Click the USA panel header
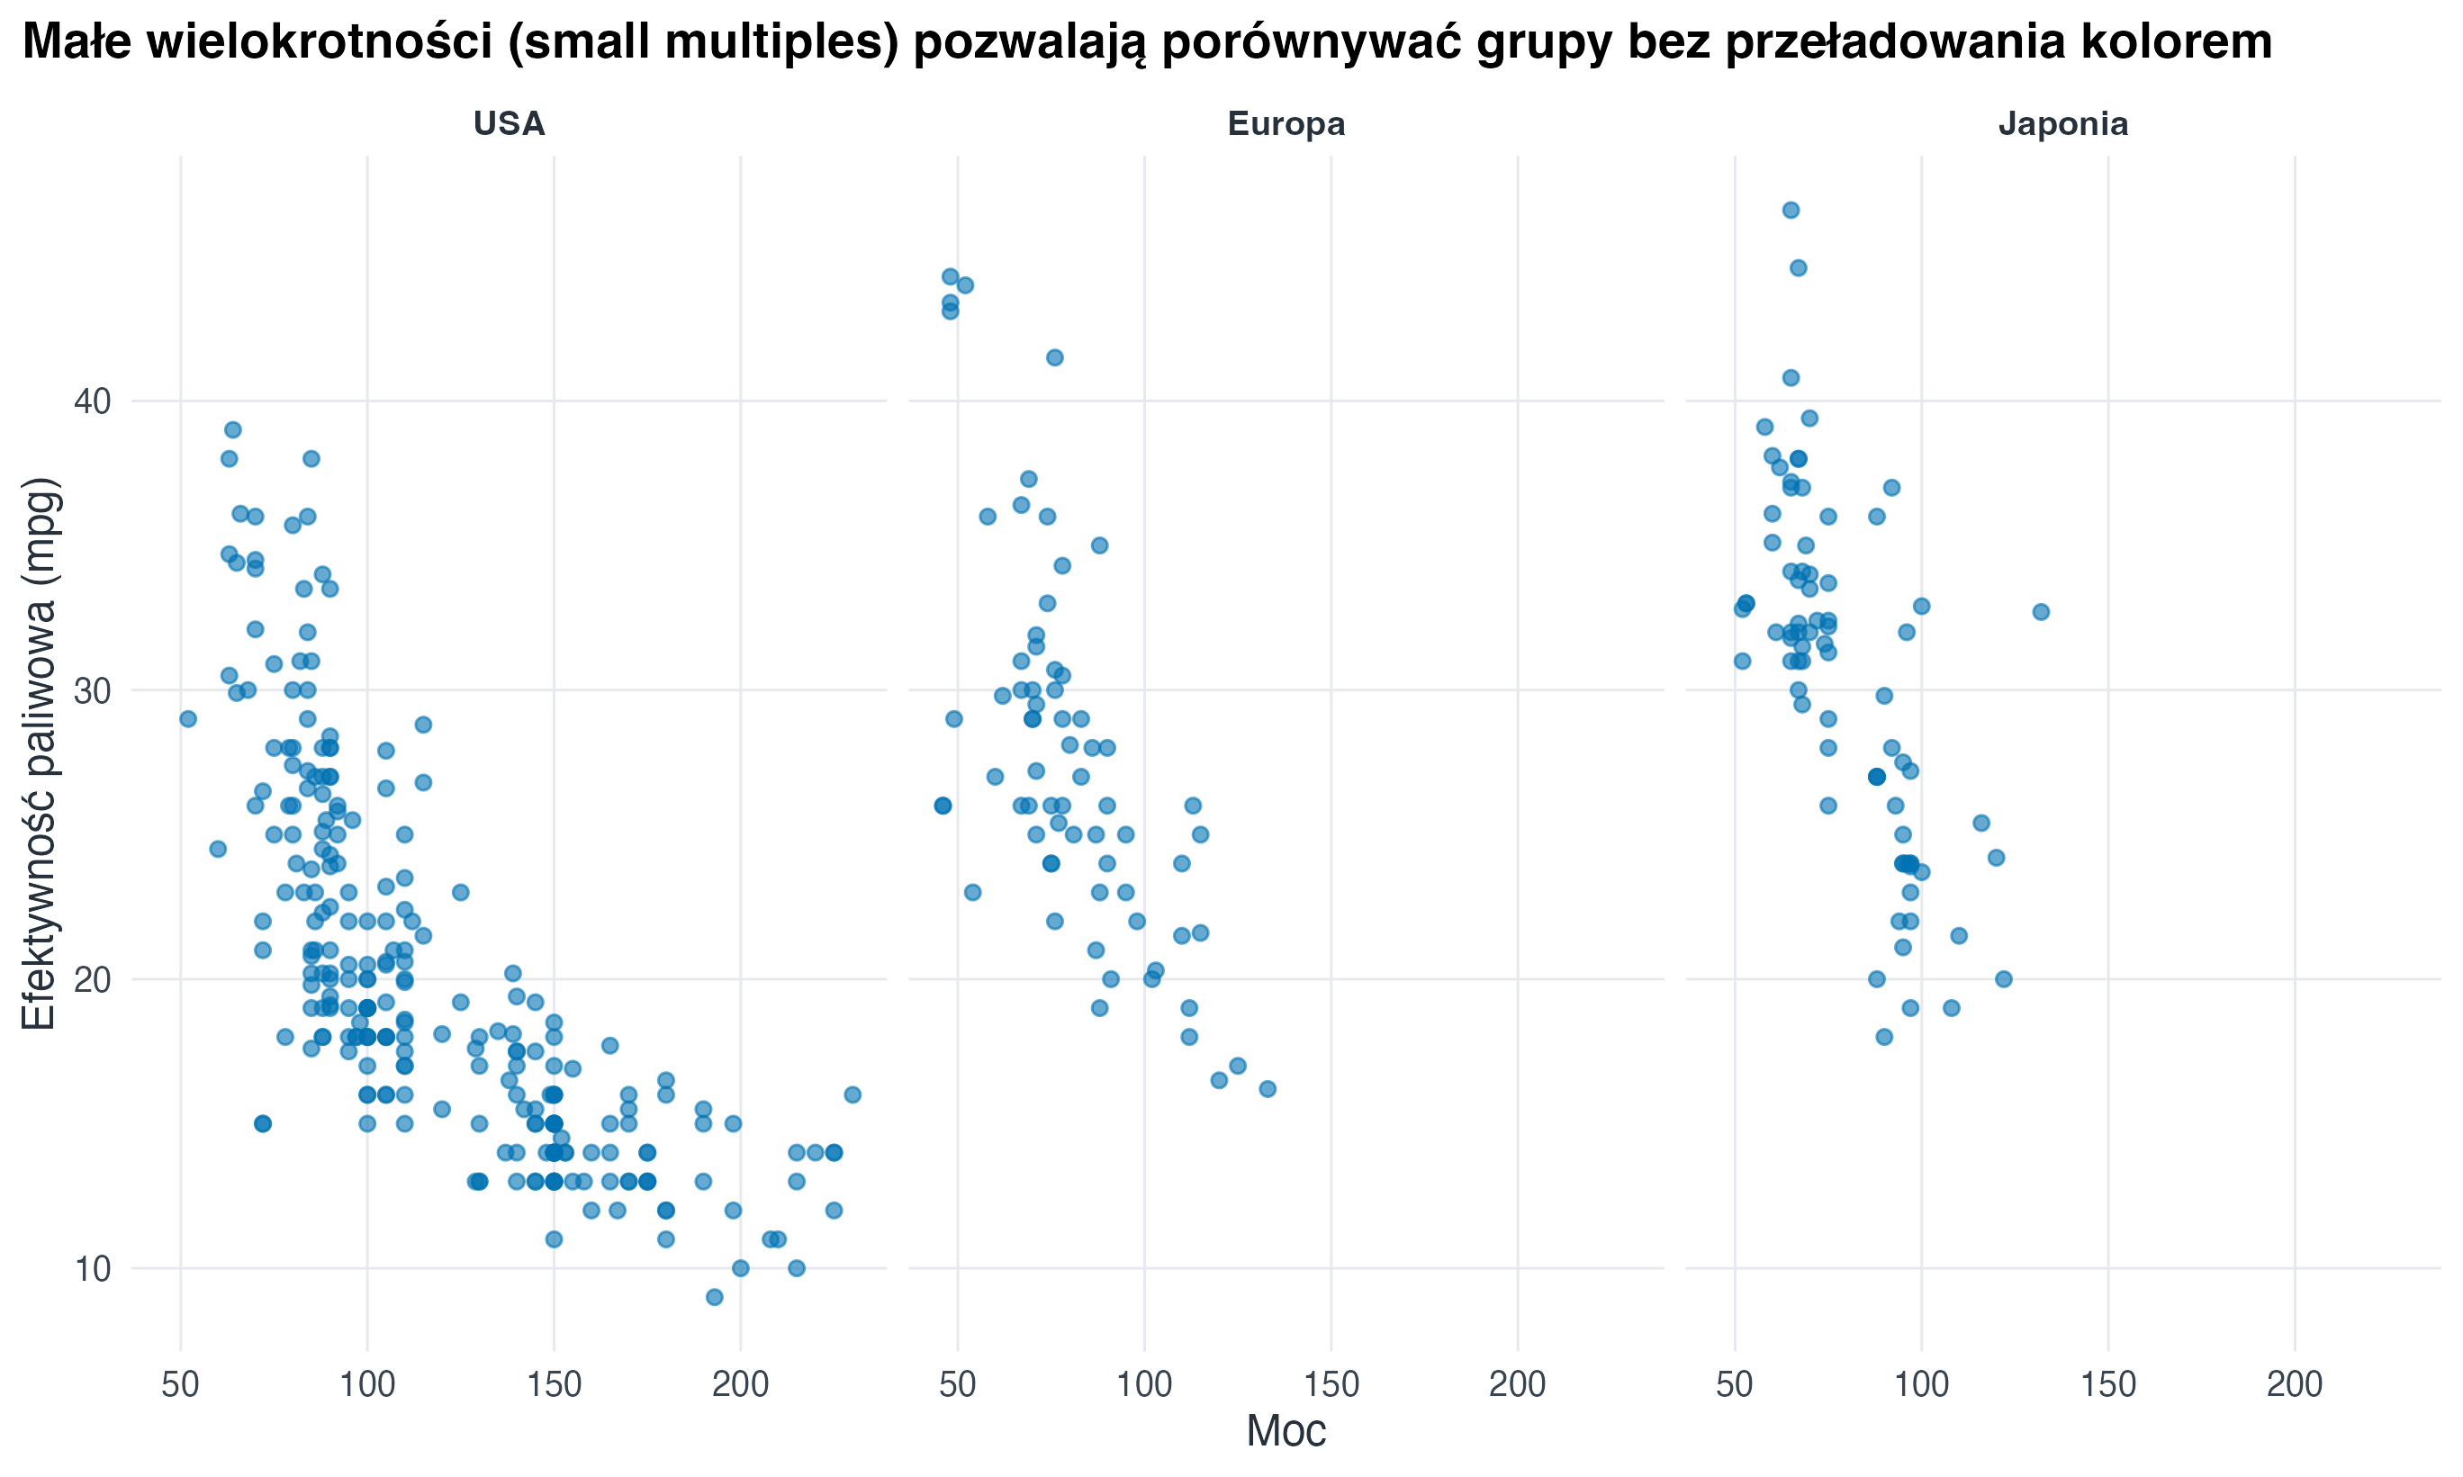[509, 123]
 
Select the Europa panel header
[1286, 123]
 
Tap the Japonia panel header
[2063, 123]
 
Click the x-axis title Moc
[1286, 1431]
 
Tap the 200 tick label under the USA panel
[739, 1383]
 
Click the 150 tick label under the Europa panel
[1331, 1383]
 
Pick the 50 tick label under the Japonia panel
[1735, 1383]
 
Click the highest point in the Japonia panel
[1791, 210]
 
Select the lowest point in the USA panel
[715, 1297]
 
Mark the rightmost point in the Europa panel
[1267, 1089]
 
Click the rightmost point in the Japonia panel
[2041, 612]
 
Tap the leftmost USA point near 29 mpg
[188, 718]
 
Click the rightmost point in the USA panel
[852, 1094]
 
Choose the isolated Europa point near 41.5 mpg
[1055, 357]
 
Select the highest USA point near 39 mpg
[233, 430]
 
